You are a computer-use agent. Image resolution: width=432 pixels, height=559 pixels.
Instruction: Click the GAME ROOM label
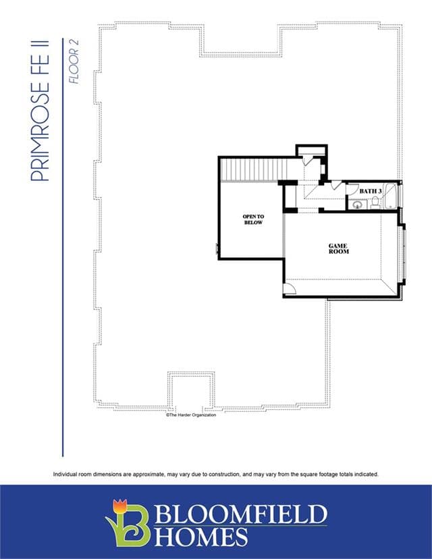click(339, 248)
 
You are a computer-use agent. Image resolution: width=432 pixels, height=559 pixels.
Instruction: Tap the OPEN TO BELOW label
click(253, 219)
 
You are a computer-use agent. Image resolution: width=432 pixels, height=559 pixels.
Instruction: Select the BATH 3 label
click(371, 191)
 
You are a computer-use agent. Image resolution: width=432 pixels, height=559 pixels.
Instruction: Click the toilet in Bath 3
click(375, 203)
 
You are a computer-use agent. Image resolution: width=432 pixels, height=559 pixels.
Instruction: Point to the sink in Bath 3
click(357, 205)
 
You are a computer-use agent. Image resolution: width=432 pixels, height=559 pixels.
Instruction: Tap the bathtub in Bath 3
click(391, 196)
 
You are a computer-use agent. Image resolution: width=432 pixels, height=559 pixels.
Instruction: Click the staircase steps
click(254, 170)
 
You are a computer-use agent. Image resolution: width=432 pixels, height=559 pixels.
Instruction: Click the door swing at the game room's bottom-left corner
click(290, 288)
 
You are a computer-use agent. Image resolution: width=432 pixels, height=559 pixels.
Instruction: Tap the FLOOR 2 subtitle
click(74, 61)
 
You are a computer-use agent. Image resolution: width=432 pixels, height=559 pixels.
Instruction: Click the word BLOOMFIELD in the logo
click(241, 514)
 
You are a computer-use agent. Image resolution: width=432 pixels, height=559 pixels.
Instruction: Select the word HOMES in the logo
click(201, 537)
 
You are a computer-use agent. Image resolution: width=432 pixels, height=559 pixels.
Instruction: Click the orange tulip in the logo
click(119, 506)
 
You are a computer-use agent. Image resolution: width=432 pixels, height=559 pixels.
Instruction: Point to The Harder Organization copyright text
click(191, 415)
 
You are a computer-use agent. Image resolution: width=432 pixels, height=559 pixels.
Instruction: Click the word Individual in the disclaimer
click(63, 474)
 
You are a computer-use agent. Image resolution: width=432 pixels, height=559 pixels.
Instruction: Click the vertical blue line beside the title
click(63, 247)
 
